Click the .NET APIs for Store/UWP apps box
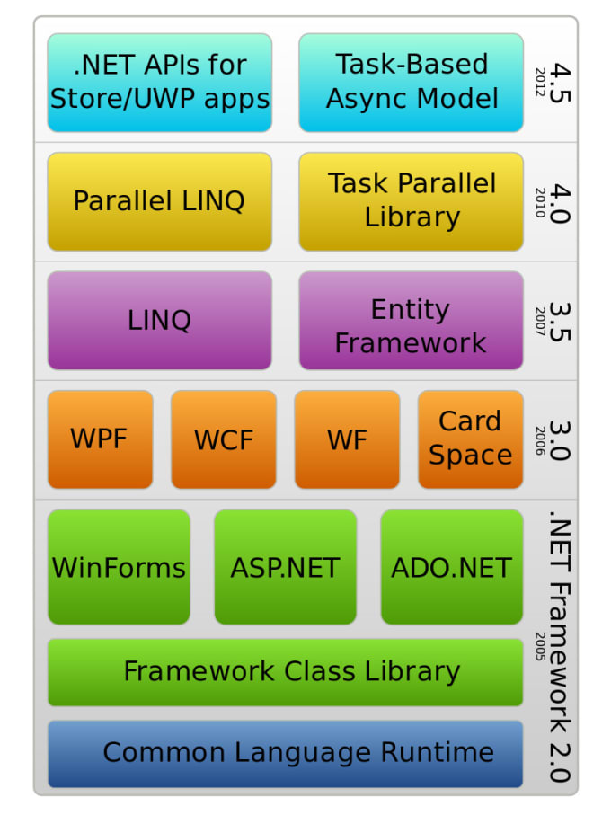point(160,83)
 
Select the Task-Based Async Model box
point(411,83)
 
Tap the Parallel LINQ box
point(160,201)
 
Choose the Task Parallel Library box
point(411,201)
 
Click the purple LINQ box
point(160,321)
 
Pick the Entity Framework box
point(411,321)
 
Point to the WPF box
point(101,439)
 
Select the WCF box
point(224,439)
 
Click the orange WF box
point(347,439)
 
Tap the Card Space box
point(471,439)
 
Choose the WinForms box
point(119,567)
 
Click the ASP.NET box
point(285,567)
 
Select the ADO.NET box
point(452,567)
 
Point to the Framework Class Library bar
point(285,673)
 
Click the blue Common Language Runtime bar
point(285,754)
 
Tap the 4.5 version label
point(560,83)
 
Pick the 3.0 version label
point(560,441)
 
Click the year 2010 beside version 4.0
point(540,202)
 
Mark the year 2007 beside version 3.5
point(540,321)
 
